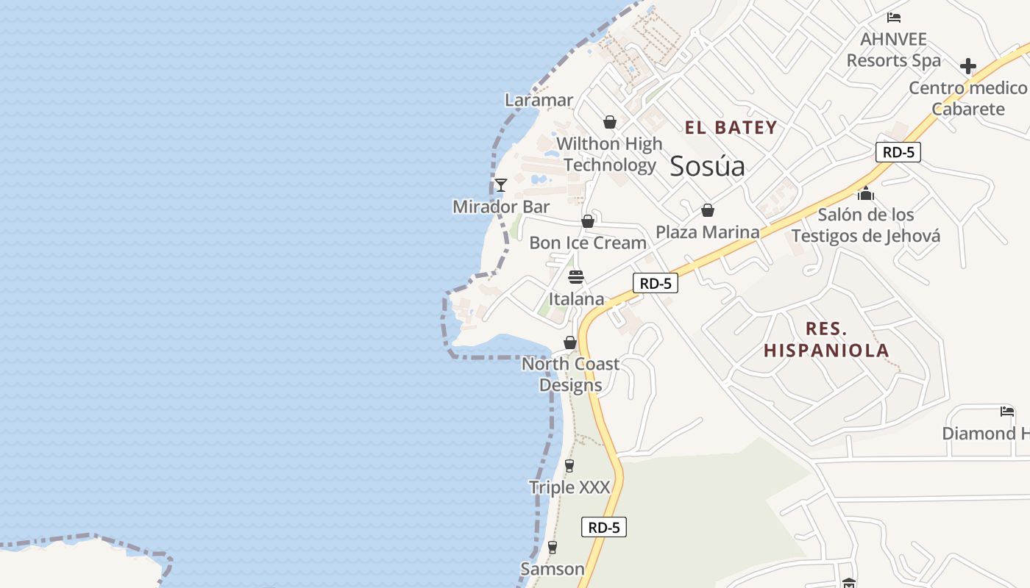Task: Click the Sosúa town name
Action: click(x=707, y=166)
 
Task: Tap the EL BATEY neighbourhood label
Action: click(x=731, y=128)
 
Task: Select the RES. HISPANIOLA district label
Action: click(x=826, y=340)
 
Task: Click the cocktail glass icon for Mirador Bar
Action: click(x=501, y=185)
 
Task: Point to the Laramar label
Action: click(x=539, y=100)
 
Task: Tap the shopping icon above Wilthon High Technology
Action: click(x=610, y=122)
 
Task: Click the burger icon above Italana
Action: click(x=576, y=277)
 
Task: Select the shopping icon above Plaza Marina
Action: click(x=708, y=211)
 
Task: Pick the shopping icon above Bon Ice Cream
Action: click(x=588, y=221)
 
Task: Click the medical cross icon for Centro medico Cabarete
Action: click(x=968, y=66)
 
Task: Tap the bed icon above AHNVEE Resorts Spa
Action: click(x=894, y=18)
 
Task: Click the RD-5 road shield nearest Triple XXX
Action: click(x=604, y=527)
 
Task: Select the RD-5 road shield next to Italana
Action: click(x=655, y=283)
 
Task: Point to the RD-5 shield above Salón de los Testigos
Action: click(x=898, y=152)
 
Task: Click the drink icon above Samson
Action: click(x=553, y=548)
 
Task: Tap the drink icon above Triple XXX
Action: click(x=569, y=465)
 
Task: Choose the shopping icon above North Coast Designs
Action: click(x=570, y=343)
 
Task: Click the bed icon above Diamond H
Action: click(x=1007, y=412)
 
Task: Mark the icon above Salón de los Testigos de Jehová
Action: click(x=866, y=193)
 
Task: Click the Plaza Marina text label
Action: click(x=707, y=232)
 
